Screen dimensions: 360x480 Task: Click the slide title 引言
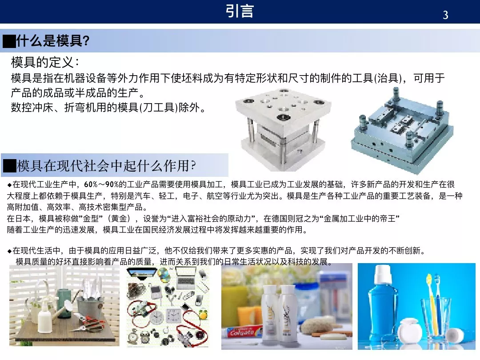tap(240, 11)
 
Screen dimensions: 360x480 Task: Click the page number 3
tap(445, 15)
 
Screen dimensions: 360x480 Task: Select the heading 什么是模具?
tap(53, 41)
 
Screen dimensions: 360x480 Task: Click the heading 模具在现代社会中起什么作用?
tap(106, 166)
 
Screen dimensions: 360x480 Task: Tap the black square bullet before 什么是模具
tap(9, 42)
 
